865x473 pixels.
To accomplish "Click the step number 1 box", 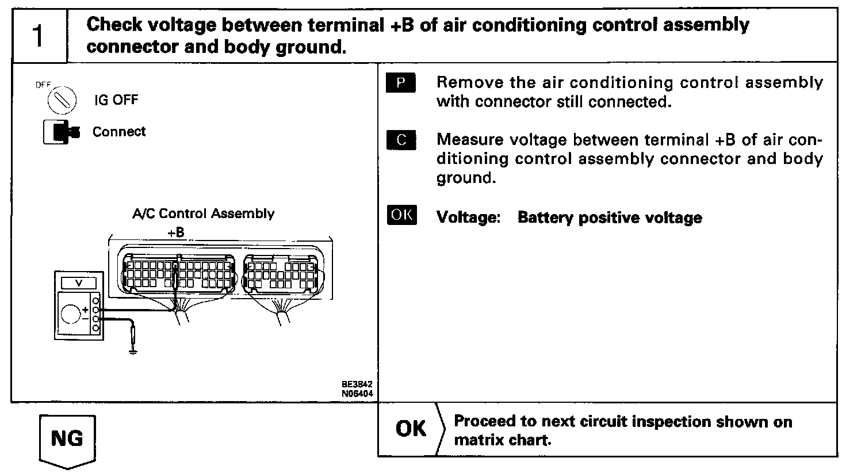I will (39, 36).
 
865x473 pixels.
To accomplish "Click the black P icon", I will (401, 83).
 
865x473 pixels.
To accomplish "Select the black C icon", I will (401, 140).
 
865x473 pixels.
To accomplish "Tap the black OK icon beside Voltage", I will (401, 215).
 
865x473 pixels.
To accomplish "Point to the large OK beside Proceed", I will (411, 429).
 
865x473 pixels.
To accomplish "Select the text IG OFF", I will (116, 100).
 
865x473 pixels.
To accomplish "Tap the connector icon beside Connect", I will (60, 132).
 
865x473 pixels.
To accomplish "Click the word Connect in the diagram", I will (119, 132).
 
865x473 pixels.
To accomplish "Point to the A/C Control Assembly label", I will (203, 214).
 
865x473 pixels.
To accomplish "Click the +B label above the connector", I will (175, 232).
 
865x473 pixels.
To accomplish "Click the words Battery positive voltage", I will (610, 218).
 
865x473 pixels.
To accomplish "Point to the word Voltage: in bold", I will (469, 218).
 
